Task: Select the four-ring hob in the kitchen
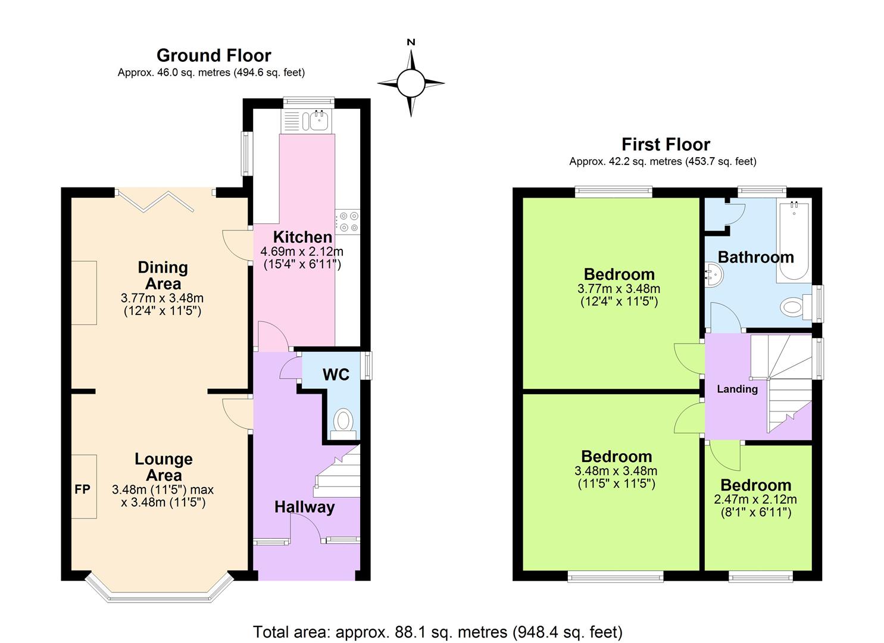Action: (347, 221)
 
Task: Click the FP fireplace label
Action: (82, 489)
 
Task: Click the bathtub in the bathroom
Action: (792, 242)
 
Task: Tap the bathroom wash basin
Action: (714, 275)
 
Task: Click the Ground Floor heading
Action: (214, 55)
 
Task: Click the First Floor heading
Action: (666, 144)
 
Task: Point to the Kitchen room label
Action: (302, 236)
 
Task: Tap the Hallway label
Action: (304, 507)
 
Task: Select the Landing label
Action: (737, 389)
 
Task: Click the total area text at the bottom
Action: (438, 631)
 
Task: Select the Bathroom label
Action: (755, 257)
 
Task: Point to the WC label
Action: (336, 374)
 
